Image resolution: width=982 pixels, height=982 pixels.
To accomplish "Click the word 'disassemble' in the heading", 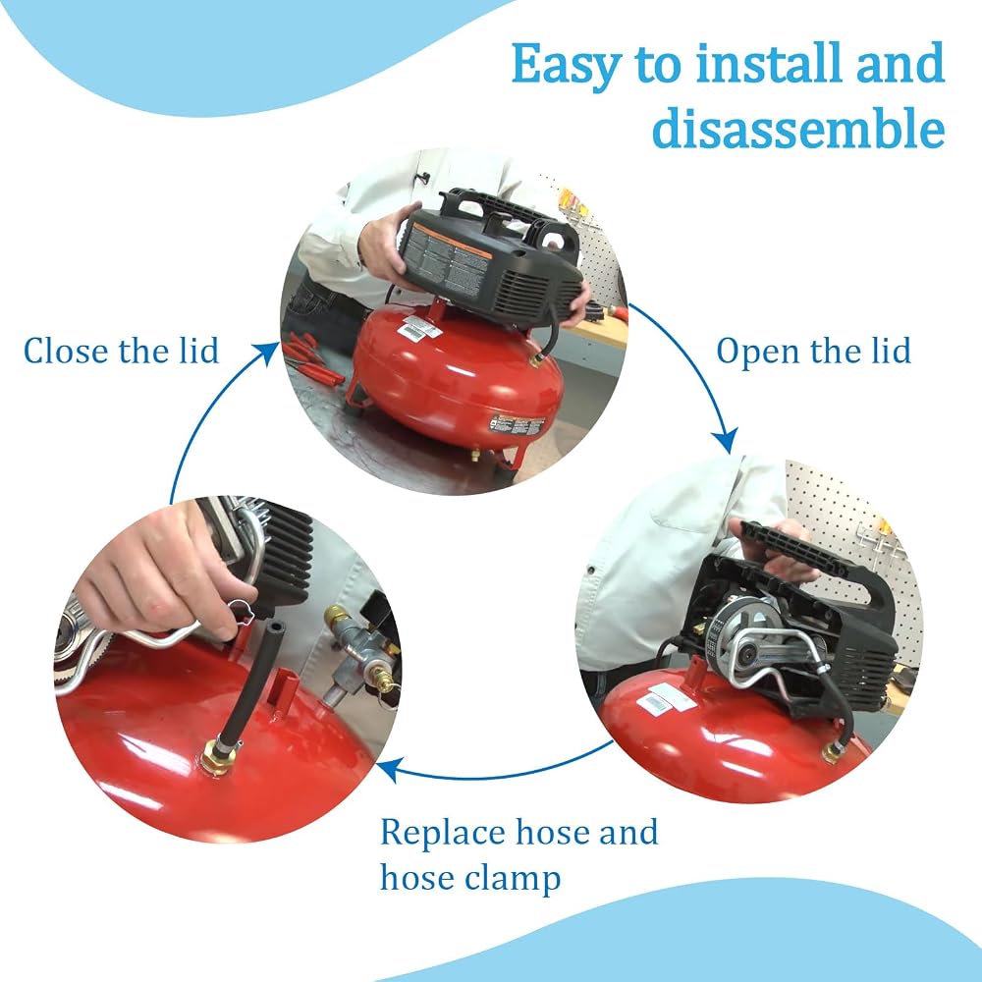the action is pyautogui.click(x=797, y=127).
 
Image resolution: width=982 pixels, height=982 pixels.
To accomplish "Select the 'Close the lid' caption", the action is pyautogui.click(x=121, y=351).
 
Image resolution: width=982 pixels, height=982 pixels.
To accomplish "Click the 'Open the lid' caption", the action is pyautogui.click(x=813, y=351).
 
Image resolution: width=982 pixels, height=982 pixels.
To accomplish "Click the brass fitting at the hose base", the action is pyautogui.click(x=217, y=756).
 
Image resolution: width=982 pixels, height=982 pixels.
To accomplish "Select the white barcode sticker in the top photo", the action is pyautogui.click(x=421, y=326).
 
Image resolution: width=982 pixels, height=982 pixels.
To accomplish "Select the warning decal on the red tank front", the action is pyautogui.click(x=518, y=424).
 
